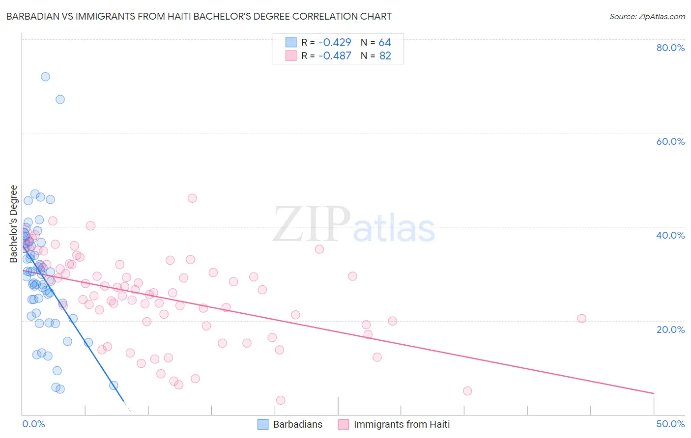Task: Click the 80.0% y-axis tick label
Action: point(670,48)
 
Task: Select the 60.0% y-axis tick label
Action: point(670,141)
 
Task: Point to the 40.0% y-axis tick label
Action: point(670,235)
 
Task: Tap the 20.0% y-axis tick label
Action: point(670,329)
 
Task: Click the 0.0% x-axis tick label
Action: point(33,424)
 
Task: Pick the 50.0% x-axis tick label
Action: point(670,424)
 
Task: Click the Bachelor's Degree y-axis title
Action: point(14,224)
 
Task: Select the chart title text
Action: point(199,16)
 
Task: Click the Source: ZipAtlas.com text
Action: point(647,16)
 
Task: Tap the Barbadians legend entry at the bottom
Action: point(297,424)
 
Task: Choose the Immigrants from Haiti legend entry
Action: point(402,424)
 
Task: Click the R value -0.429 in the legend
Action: point(334,42)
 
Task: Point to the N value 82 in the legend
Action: point(385,55)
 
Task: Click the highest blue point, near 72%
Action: point(45,77)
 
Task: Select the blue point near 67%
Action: point(60,99)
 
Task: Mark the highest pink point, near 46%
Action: point(192,198)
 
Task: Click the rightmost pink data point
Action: point(581,318)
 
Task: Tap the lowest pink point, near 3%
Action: point(281,400)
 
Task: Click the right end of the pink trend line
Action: point(654,393)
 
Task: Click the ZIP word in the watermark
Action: point(312,224)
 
